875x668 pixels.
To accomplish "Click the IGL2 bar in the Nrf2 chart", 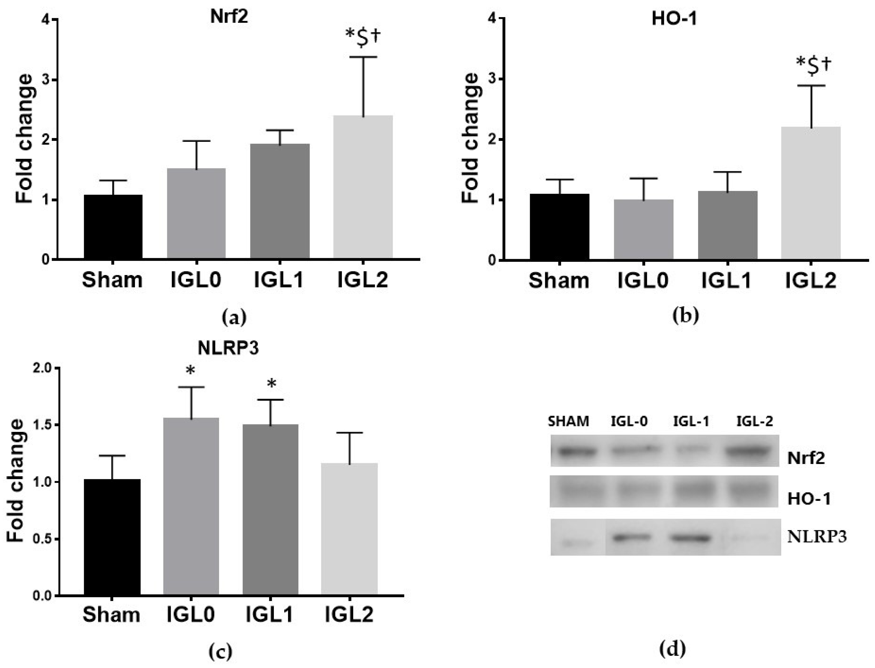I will tap(363, 187).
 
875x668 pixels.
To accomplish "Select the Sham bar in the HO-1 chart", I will tap(559, 227).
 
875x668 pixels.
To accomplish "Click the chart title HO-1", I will tap(674, 19).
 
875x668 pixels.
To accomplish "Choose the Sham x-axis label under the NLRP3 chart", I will tap(111, 615).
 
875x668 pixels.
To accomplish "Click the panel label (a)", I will tap(233, 318).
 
